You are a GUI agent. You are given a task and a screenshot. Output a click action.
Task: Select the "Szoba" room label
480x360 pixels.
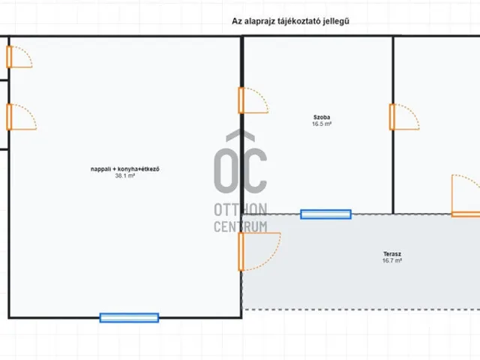pyautogui.click(x=322, y=117)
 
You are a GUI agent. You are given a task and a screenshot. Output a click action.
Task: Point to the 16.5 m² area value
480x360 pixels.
pyautogui.click(x=322, y=124)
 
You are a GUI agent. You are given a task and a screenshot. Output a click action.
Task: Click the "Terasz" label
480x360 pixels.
pyautogui.click(x=392, y=254)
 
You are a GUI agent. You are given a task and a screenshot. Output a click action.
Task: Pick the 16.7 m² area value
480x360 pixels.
pyautogui.click(x=392, y=261)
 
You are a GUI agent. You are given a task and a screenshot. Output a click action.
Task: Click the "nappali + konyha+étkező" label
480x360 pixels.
pyautogui.click(x=125, y=169)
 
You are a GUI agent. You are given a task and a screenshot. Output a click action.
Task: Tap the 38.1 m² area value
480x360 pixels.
pyautogui.click(x=125, y=175)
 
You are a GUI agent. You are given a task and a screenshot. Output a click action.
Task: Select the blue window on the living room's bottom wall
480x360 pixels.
pyautogui.click(x=129, y=318)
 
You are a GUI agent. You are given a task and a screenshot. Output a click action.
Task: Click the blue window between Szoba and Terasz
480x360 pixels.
pyautogui.click(x=325, y=214)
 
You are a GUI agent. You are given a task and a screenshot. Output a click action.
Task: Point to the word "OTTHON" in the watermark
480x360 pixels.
pyautogui.click(x=241, y=210)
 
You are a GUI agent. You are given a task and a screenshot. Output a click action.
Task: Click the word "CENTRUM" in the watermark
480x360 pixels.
pyautogui.click(x=241, y=226)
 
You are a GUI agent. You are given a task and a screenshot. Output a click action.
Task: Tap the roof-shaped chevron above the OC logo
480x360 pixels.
pyautogui.click(x=240, y=135)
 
